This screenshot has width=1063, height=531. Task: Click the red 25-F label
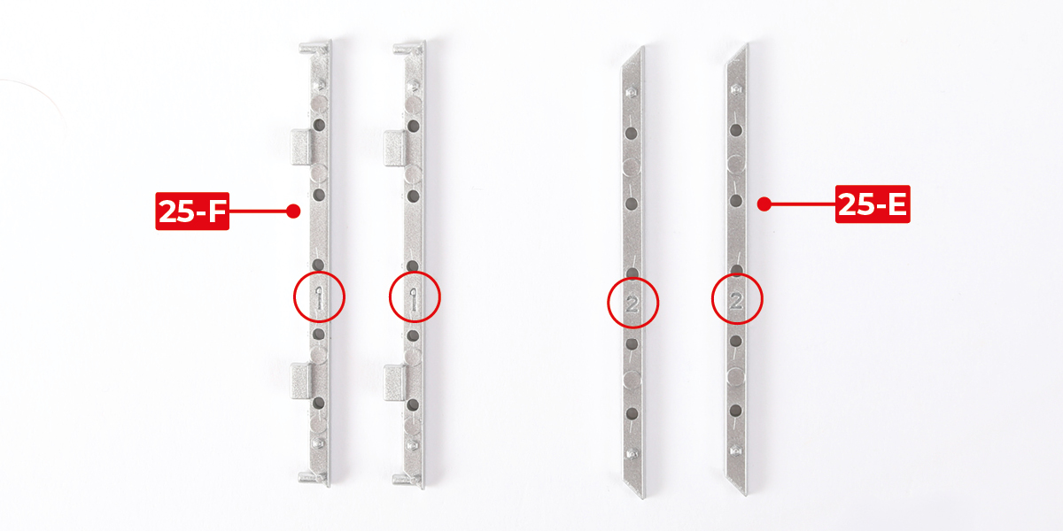tap(192, 211)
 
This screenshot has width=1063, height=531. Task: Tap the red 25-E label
tap(873, 204)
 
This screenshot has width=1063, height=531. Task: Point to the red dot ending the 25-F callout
tap(293, 211)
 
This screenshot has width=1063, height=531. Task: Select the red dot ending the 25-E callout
tap(764, 204)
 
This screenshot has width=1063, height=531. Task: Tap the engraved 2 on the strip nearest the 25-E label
tap(736, 301)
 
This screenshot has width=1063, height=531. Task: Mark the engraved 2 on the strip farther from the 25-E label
tap(632, 304)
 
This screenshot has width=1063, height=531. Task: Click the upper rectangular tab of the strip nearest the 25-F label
tap(300, 147)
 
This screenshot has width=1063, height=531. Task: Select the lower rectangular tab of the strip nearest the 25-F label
tap(300, 381)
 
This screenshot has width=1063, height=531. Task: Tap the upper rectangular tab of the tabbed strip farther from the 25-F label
tap(394, 148)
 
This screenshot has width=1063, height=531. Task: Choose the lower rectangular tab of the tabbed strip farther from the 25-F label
tap(394, 382)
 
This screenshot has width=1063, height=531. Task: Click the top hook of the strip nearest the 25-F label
tap(314, 48)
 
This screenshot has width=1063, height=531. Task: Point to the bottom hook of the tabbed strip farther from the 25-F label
tap(407, 480)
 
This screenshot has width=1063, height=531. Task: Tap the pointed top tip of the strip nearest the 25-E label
tap(747, 44)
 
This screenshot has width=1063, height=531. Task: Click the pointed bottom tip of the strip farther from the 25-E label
tap(643, 497)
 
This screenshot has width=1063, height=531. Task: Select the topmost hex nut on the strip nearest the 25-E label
tap(736, 88)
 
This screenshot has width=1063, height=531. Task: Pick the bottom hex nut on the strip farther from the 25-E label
tap(632, 454)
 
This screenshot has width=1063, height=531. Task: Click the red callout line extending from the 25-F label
tap(258, 211)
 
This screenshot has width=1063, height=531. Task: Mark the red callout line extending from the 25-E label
tap(803, 204)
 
